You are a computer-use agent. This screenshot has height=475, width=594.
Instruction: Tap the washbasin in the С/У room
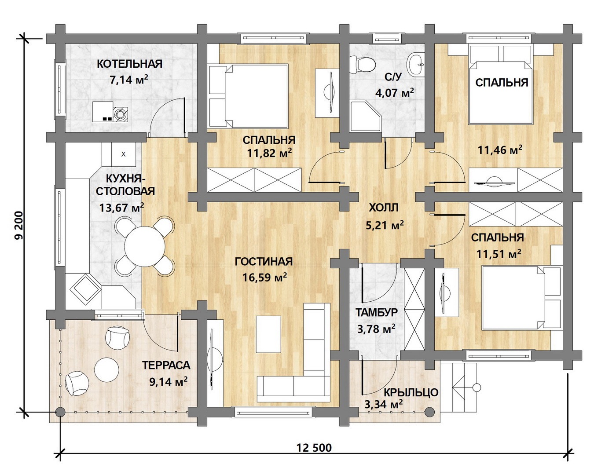point(416,64)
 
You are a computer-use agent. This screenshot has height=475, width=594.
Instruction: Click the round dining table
point(145,246)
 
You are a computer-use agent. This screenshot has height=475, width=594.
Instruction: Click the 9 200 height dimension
point(19,226)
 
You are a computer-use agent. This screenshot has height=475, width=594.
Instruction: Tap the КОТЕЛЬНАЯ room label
point(129,64)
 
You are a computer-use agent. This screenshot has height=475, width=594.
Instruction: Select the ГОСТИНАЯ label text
point(264,261)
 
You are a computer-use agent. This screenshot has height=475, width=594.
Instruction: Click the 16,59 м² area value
point(264,277)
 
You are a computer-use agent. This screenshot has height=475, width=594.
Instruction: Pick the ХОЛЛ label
point(383,208)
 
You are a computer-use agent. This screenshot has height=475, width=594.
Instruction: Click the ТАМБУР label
point(376,312)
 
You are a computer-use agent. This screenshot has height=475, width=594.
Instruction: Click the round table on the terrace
point(106,369)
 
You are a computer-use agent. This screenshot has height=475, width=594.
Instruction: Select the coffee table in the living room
point(268,334)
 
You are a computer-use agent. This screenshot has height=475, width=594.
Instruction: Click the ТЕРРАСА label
point(166,365)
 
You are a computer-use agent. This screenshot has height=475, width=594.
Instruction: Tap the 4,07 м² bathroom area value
point(394,92)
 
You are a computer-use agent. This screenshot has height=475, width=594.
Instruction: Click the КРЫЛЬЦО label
point(411,392)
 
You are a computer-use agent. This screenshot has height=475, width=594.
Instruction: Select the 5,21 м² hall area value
point(385,225)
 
